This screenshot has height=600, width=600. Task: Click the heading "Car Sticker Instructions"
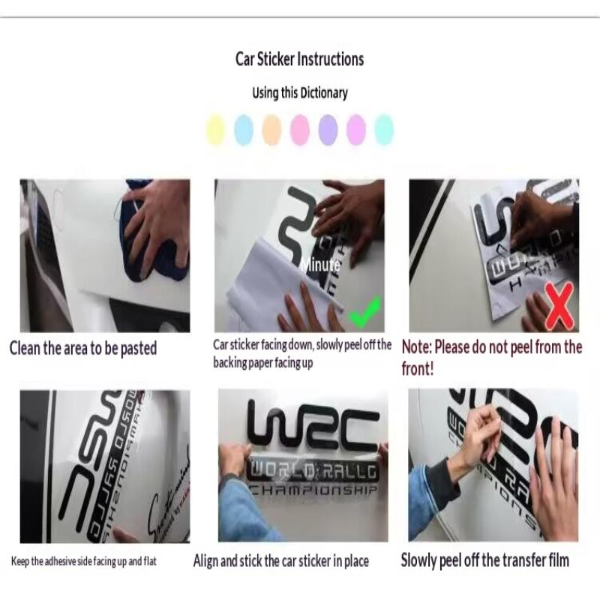pos(299,59)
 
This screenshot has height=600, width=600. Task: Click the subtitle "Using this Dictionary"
pos(299,93)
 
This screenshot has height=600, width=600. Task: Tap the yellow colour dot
pos(216,130)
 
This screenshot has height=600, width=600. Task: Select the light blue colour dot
pos(244,130)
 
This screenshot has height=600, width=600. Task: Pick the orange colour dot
pos(271,130)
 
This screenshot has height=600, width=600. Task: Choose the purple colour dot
pos(328,130)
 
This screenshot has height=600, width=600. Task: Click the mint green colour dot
pos(384,130)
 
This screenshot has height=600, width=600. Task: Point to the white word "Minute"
pos(320,265)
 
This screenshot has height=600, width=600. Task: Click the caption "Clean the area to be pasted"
pos(83,348)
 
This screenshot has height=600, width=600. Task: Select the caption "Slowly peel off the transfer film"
pos(484,559)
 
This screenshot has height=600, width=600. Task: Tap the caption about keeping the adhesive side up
pos(84,560)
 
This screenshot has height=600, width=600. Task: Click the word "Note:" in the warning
pos(419,347)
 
